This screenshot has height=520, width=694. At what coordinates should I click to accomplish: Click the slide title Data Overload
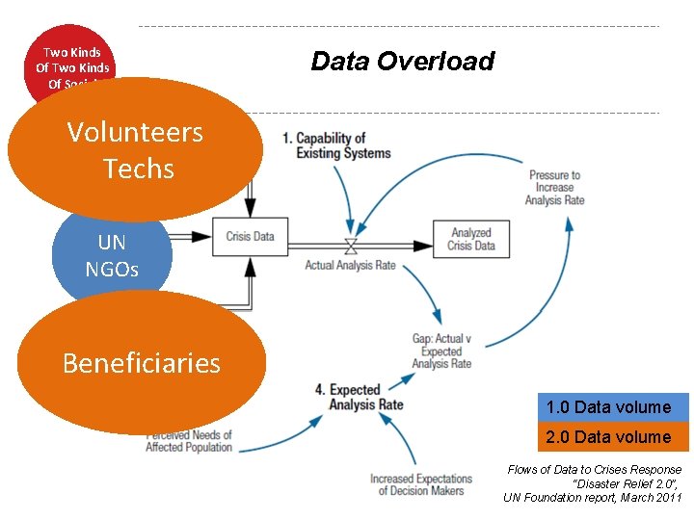tap(402, 62)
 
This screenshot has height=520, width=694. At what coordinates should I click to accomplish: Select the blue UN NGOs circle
tap(112, 256)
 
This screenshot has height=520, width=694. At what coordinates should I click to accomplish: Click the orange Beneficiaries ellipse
tap(142, 362)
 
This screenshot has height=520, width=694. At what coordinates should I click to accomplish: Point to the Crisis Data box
tap(250, 236)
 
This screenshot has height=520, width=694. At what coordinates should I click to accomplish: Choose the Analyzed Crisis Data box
tap(470, 238)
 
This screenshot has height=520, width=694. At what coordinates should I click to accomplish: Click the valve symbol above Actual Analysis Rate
tap(351, 244)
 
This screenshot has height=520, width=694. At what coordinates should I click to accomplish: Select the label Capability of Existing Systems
tap(337, 145)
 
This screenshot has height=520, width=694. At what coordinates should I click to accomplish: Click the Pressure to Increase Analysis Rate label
tap(554, 188)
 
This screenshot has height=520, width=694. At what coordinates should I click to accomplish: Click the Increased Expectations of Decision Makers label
tap(421, 484)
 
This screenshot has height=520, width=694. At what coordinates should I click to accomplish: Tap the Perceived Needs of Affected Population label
tap(189, 441)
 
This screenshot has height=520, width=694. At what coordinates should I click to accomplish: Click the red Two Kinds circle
tap(71, 58)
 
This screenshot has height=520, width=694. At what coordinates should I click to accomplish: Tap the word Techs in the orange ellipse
tap(138, 169)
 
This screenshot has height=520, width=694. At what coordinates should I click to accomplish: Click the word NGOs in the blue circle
tap(112, 269)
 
